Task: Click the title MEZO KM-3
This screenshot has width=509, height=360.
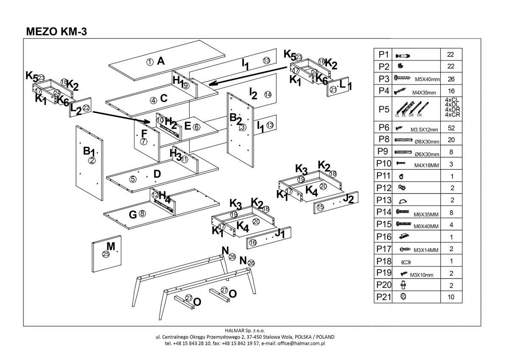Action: (x=56, y=31)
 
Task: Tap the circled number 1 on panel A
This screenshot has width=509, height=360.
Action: (x=150, y=62)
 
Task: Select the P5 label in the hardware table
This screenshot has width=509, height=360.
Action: (x=383, y=109)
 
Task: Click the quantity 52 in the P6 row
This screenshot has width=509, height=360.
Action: (x=450, y=128)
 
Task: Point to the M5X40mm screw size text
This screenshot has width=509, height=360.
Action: (x=426, y=79)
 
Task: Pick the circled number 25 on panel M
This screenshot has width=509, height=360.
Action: (x=106, y=254)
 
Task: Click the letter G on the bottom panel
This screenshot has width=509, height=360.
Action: (x=133, y=215)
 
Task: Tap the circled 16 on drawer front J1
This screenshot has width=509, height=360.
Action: (x=253, y=242)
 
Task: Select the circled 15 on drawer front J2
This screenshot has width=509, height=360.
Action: (x=320, y=207)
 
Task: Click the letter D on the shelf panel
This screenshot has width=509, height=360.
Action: (x=157, y=174)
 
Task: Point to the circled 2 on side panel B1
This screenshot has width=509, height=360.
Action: (x=92, y=160)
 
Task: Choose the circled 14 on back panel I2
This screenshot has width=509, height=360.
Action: (x=267, y=94)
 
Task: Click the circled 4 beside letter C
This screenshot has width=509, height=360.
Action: (x=153, y=100)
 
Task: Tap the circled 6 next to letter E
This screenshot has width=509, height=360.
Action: (x=196, y=127)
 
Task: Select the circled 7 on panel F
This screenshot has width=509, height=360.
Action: (x=144, y=142)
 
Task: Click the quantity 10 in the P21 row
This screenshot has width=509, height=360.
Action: (x=450, y=297)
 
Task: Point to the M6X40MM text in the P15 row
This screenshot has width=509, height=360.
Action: (x=426, y=226)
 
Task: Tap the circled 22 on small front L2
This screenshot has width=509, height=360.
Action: (x=86, y=108)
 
